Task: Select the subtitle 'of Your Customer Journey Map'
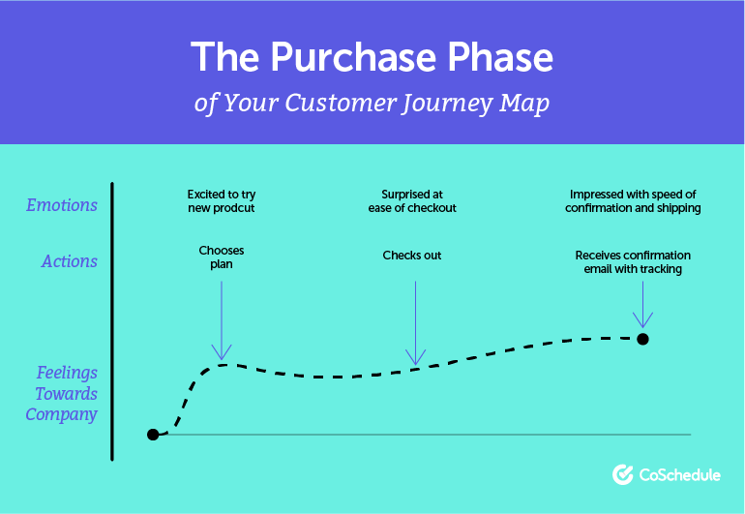pyautogui.click(x=372, y=104)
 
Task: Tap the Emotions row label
pyautogui.click(x=62, y=205)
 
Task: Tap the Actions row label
pyautogui.click(x=70, y=261)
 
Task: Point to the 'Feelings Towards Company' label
pyautogui.click(x=64, y=393)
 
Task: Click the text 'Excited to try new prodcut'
pyautogui.click(x=222, y=201)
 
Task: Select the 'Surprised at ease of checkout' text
pyautogui.click(x=412, y=201)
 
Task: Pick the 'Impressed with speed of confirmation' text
pyautogui.click(x=635, y=201)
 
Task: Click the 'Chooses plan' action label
pyautogui.click(x=222, y=257)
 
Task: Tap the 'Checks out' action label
pyautogui.click(x=412, y=256)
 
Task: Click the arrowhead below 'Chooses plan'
pyautogui.click(x=222, y=352)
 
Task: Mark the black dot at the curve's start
pyautogui.click(x=153, y=435)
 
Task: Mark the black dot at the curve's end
pyautogui.click(x=642, y=339)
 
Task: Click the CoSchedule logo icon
pyautogui.click(x=623, y=474)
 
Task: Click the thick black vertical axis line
pyautogui.click(x=113, y=319)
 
